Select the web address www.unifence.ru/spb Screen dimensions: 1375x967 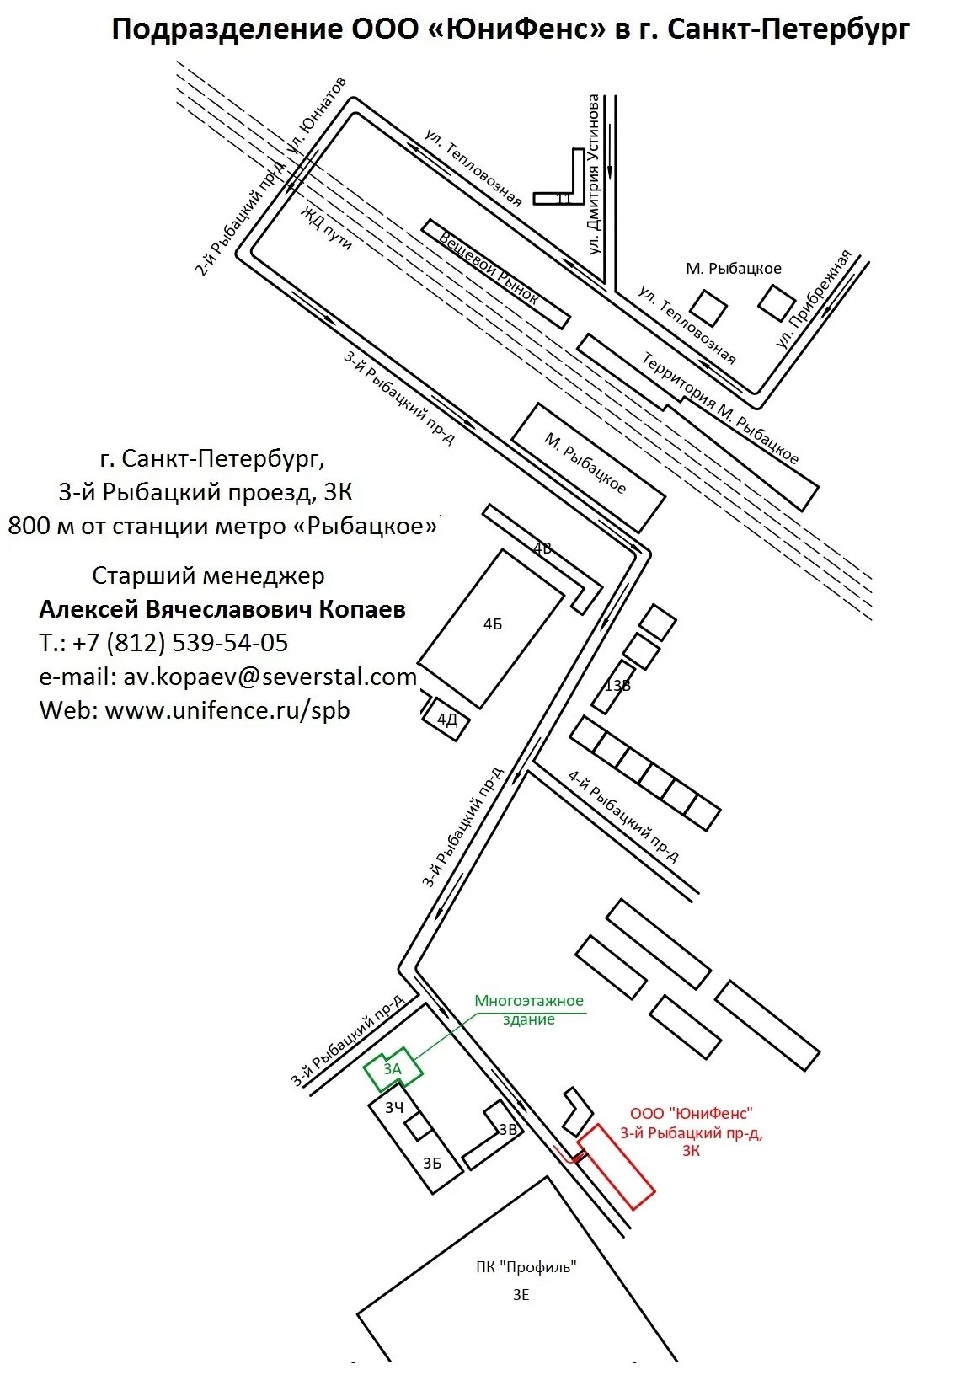tap(195, 710)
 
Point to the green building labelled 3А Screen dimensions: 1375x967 tap(393, 1069)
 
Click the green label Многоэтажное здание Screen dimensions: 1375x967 tap(529, 1009)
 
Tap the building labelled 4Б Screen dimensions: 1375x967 tap(492, 625)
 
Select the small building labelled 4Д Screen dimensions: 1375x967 tap(447, 720)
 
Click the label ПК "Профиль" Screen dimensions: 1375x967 tap(526, 1266)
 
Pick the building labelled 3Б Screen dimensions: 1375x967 tap(432, 1164)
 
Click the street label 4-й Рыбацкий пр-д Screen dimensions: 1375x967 tap(622, 817)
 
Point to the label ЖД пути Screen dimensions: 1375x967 tap(327, 226)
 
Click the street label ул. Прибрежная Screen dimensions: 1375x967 tap(815, 299)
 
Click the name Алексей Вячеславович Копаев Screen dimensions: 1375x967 tap(222, 609)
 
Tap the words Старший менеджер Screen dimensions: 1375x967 tap(208, 575)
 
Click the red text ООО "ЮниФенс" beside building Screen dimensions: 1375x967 tap(692, 1114)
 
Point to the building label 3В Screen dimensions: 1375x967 tap(507, 1130)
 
